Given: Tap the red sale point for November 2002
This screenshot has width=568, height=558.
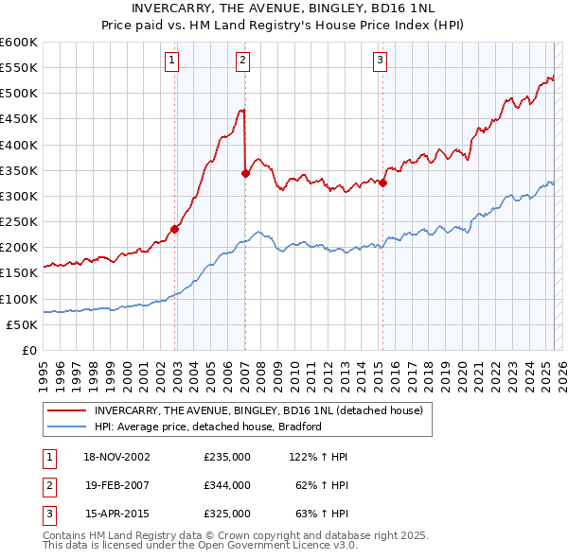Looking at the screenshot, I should coord(175,229).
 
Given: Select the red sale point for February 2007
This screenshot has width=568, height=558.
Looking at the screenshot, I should coord(245,173).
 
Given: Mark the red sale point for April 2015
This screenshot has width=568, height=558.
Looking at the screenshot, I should coord(382,183).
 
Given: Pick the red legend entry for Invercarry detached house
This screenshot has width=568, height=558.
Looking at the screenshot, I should coord(263,410).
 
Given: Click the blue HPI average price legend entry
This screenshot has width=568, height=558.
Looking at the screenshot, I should coord(208,427).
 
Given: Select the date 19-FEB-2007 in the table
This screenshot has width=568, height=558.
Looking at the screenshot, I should coord(117,485).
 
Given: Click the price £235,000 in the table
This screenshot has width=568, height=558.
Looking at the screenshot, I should coord(227,457).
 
